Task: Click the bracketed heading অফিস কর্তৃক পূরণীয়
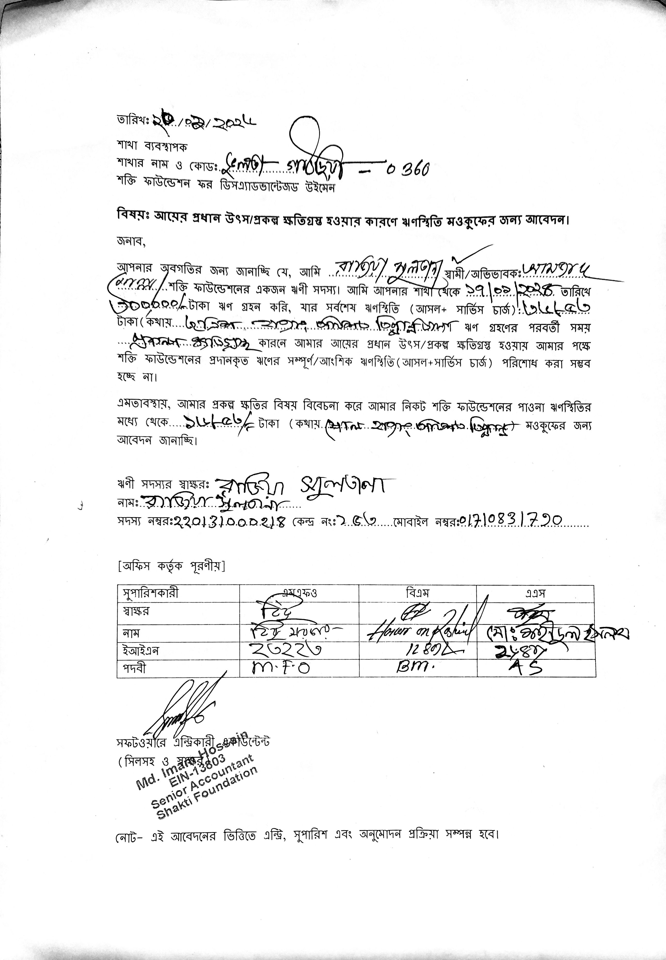171,566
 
